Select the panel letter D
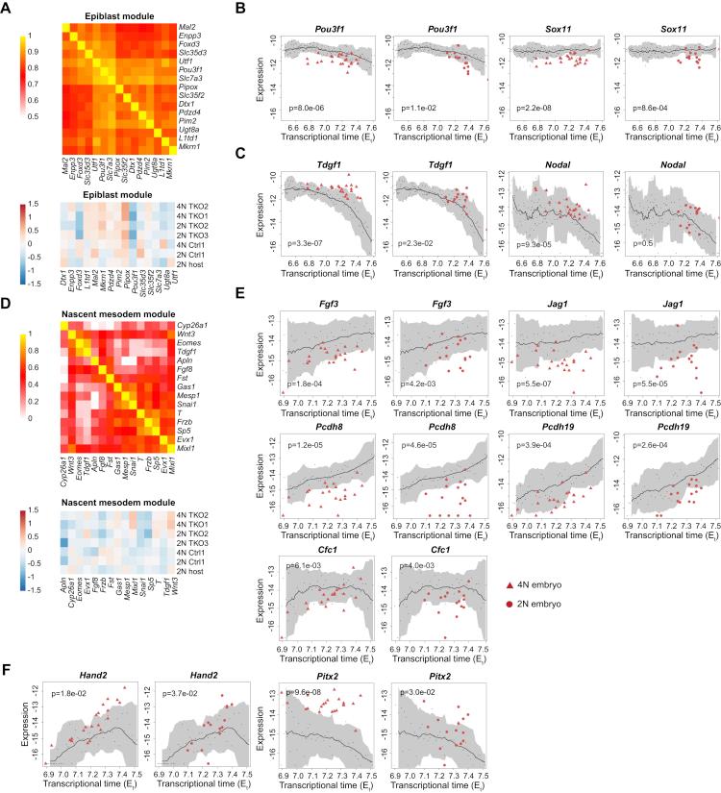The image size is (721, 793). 8,334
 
